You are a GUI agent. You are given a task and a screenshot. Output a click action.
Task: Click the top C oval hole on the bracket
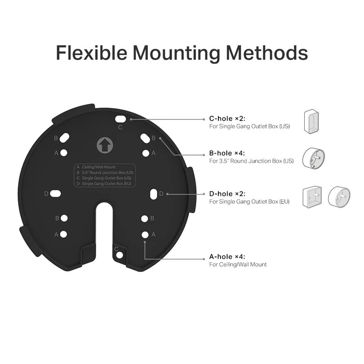coord(120,119)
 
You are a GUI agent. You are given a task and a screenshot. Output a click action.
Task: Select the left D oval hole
coord(56,193)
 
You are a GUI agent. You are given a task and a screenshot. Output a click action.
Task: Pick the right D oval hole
coord(154,193)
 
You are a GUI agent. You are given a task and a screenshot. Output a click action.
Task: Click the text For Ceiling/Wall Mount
coord(238,265)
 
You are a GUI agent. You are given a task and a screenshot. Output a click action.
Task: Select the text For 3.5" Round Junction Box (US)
coord(251,161)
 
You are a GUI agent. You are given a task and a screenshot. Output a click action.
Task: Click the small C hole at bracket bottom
coord(120,255)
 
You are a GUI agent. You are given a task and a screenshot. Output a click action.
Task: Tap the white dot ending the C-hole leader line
coord(132,119)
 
